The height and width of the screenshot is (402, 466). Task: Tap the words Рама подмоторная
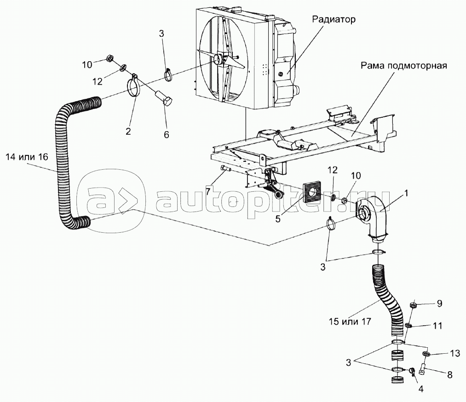pos(404,66)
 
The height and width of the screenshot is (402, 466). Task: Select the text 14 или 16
pos(26,157)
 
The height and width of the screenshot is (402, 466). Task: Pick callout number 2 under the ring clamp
pos(128,132)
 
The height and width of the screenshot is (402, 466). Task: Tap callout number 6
pos(166,134)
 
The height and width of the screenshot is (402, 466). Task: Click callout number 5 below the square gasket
pos(278,219)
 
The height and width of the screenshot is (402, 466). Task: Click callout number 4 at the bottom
pos(420,389)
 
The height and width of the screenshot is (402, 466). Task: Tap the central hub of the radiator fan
pos(218,60)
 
